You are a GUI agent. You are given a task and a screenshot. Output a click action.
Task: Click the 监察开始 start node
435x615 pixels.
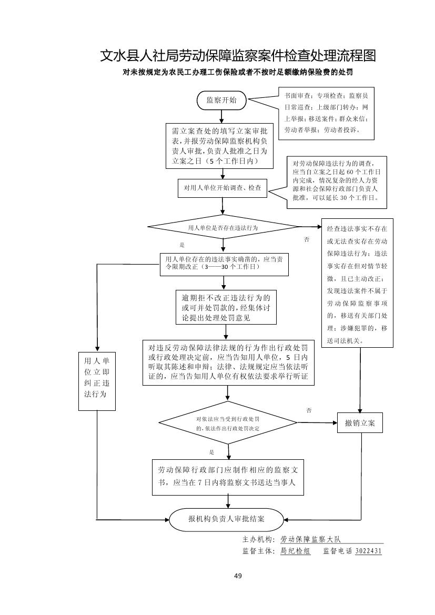click(221, 100)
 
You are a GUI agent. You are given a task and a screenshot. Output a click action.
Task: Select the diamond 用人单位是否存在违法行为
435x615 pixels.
click(223, 228)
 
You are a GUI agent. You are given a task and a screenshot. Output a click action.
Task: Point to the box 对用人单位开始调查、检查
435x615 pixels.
click(222, 188)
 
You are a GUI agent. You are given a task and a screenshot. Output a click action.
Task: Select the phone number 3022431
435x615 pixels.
click(368, 551)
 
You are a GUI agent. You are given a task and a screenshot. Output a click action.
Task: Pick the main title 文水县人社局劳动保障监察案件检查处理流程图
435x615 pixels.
click(238, 56)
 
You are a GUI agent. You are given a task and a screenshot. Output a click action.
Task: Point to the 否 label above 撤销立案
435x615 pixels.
click(309, 410)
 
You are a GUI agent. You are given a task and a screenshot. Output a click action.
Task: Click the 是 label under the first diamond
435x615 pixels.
click(183, 245)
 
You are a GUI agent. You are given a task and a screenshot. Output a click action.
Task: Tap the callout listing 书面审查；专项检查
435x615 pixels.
click(326, 114)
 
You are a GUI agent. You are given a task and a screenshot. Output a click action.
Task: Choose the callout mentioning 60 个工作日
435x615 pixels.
click(337, 182)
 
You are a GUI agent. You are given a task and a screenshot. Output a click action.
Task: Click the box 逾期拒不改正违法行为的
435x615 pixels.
click(226, 307)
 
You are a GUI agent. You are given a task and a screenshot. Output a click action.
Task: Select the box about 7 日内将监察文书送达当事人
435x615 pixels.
click(228, 476)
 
